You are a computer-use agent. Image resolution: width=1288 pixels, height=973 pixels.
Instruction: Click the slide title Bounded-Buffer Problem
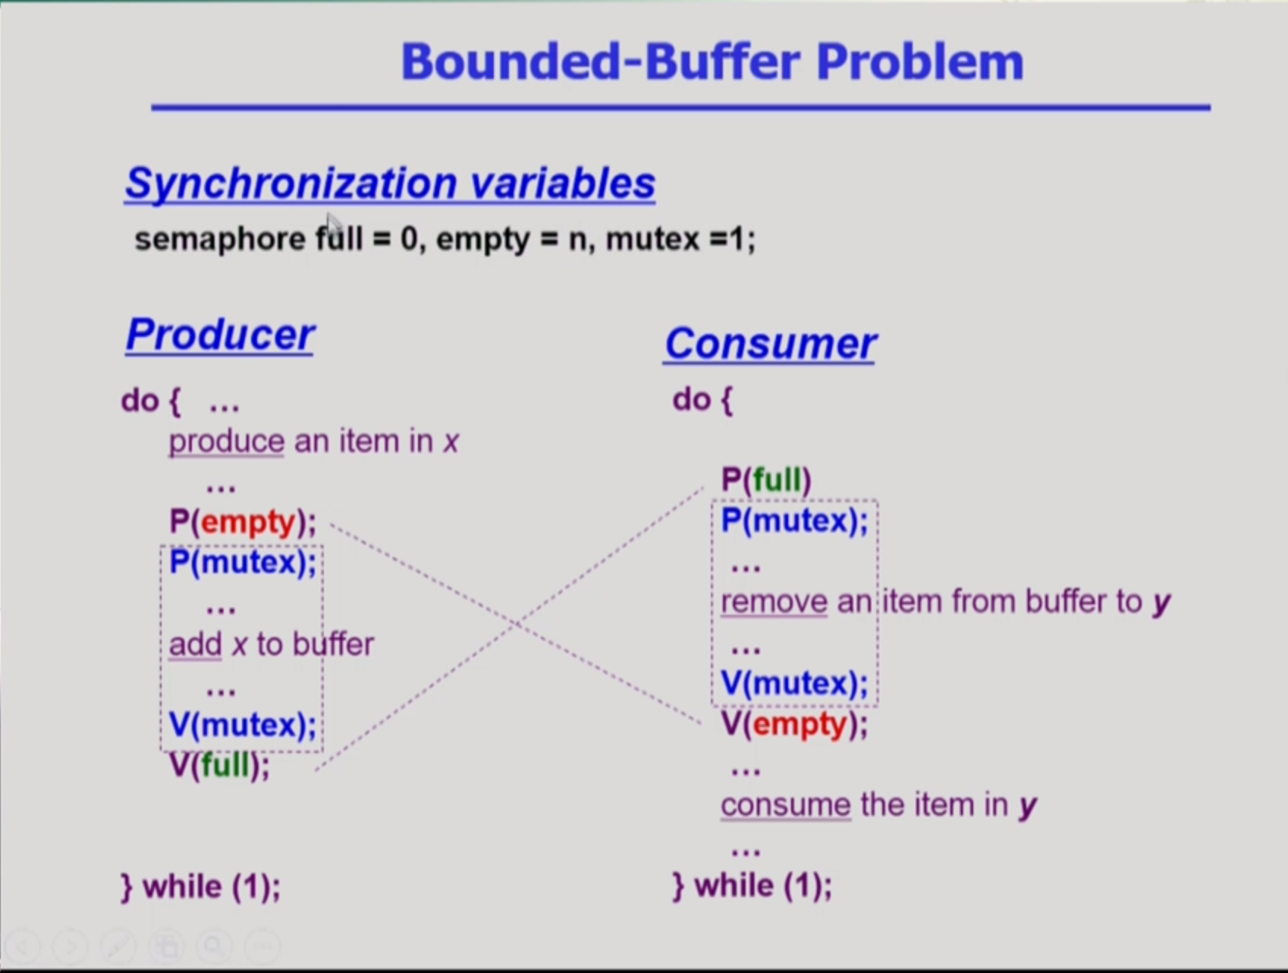click(x=712, y=61)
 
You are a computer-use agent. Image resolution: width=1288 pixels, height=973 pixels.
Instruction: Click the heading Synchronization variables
click(x=390, y=184)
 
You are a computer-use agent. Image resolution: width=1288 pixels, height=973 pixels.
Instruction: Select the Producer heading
click(x=220, y=334)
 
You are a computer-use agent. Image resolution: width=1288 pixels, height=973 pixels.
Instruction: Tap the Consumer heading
click(x=770, y=343)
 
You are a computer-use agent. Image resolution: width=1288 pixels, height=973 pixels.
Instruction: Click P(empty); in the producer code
click(x=243, y=521)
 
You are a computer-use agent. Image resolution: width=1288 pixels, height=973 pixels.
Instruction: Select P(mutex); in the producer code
click(x=243, y=562)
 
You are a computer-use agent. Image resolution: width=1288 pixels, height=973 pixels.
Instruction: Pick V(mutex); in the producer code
click(x=243, y=725)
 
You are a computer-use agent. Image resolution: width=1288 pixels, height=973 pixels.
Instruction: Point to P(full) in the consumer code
click(x=766, y=480)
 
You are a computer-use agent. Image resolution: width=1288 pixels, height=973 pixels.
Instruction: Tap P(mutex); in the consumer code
click(x=794, y=521)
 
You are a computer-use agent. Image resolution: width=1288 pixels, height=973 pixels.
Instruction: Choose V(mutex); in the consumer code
click(x=794, y=683)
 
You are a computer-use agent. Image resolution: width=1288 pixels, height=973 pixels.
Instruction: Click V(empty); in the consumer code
click(x=794, y=724)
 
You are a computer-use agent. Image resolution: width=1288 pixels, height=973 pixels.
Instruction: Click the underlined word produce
click(x=226, y=441)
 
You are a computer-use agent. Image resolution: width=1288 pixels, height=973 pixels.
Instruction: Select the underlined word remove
click(x=774, y=602)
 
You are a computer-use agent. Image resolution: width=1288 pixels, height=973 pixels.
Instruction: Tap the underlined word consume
click(x=785, y=805)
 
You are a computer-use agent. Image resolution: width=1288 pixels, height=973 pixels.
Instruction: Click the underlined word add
click(x=195, y=644)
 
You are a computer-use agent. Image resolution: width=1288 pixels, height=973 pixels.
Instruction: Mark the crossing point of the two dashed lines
click(x=517, y=625)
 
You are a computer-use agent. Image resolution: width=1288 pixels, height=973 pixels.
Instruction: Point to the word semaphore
click(x=220, y=239)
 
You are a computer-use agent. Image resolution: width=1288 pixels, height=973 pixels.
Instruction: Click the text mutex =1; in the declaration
click(x=680, y=239)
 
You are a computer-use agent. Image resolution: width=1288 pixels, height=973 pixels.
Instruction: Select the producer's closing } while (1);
click(x=201, y=886)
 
